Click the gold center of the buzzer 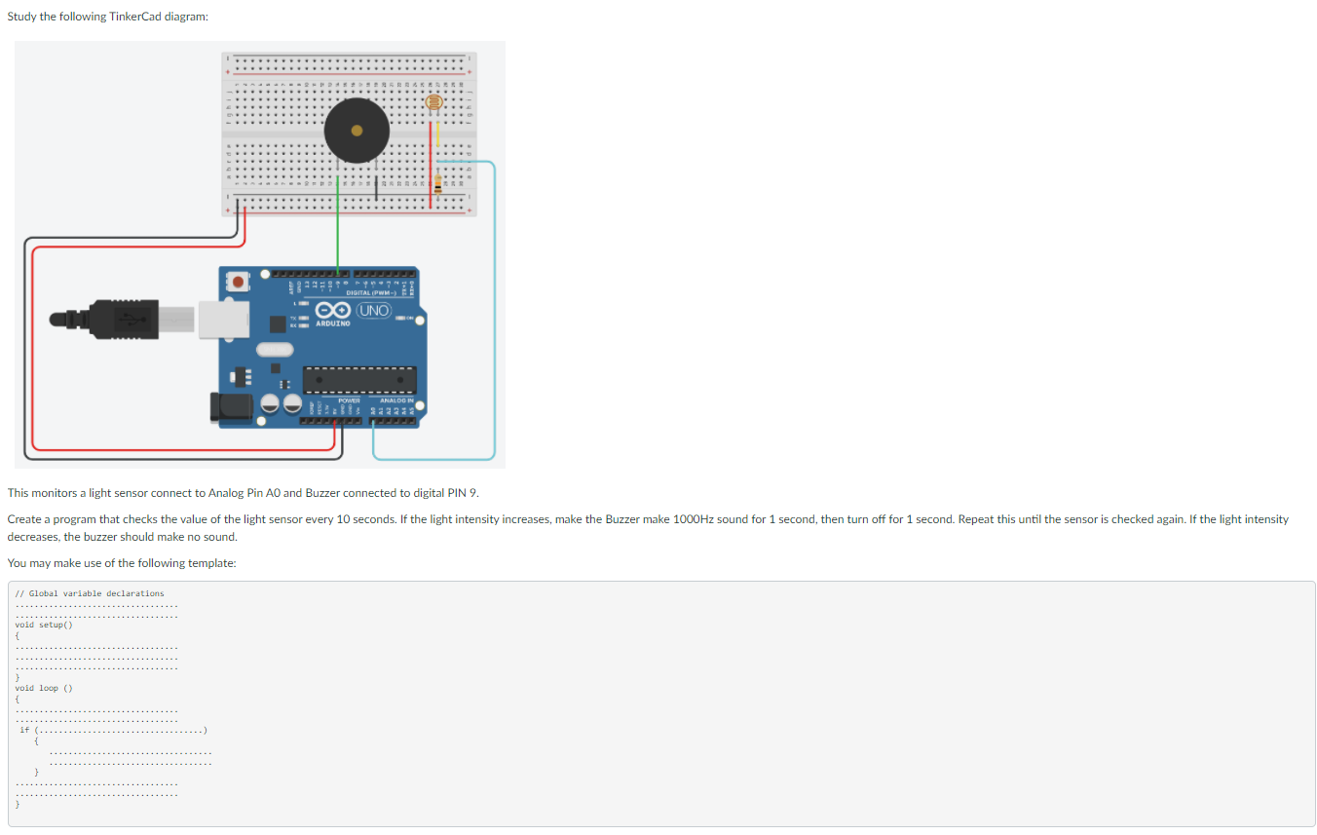[x=357, y=130]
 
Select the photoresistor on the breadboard [x=435, y=102]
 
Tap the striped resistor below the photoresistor [x=437, y=181]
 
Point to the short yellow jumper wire [x=437, y=130]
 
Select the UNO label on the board [x=374, y=311]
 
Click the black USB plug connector [x=117, y=318]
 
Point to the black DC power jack [x=231, y=408]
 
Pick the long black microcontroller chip [x=359, y=380]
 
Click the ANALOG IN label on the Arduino [x=396, y=400]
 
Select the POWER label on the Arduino [x=349, y=400]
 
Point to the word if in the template [x=24, y=729]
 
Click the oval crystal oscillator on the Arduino [x=274, y=349]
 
